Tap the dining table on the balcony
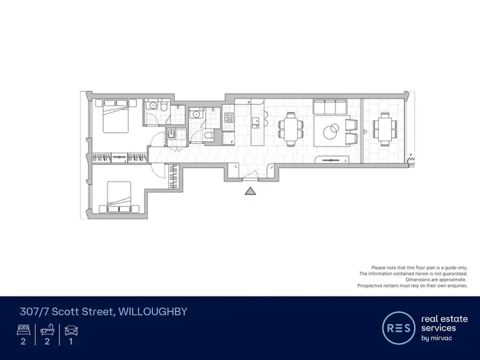[x=384, y=129]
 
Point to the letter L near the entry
[x=237, y=166]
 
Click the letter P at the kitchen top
[x=249, y=102]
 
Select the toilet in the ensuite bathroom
[x=164, y=109]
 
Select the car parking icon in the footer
[x=70, y=331]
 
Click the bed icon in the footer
[x=23, y=331]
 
